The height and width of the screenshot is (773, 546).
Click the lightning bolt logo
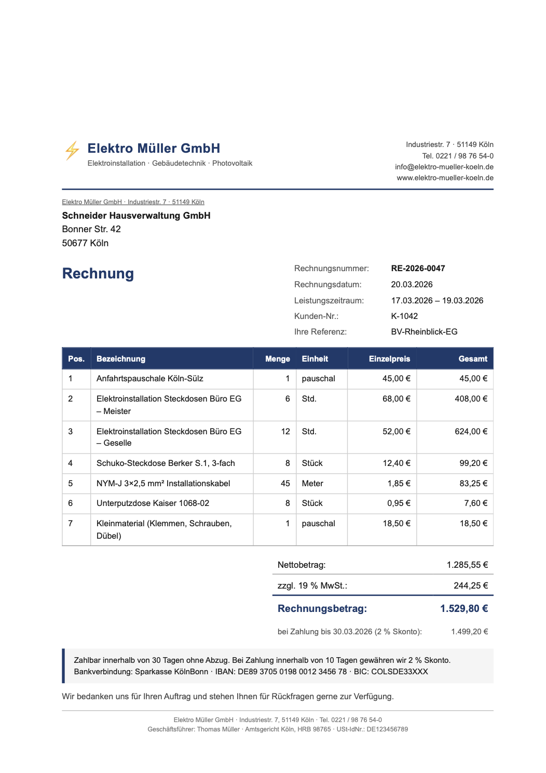pyautogui.click(x=72, y=151)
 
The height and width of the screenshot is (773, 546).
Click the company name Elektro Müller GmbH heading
pyautogui.click(x=154, y=149)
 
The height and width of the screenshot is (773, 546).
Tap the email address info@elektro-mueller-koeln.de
pyautogui.click(x=444, y=167)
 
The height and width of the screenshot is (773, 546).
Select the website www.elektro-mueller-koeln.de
pyautogui.click(x=445, y=178)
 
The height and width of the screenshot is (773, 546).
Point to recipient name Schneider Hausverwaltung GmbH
pyautogui.click(x=136, y=216)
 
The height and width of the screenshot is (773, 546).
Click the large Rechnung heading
pyautogui.click(x=98, y=274)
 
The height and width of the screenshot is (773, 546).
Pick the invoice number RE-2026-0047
pyautogui.click(x=418, y=269)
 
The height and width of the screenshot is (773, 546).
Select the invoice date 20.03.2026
pyautogui.click(x=412, y=285)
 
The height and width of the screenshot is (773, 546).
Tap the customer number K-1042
pyautogui.click(x=404, y=316)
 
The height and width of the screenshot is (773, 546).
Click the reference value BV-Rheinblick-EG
pyautogui.click(x=424, y=332)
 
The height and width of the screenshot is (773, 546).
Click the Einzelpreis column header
pyautogui.click(x=389, y=359)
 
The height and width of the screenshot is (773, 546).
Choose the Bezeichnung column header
pyautogui.click(x=121, y=359)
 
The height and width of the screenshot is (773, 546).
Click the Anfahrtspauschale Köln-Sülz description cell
pyautogui.click(x=150, y=379)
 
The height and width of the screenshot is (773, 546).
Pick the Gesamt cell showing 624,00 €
pyautogui.click(x=471, y=432)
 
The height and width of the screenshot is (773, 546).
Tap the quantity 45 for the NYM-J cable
pyautogui.click(x=285, y=484)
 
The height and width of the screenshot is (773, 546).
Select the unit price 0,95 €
pyautogui.click(x=399, y=503)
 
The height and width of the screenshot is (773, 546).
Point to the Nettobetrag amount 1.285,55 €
pyautogui.click(x=467, y=565)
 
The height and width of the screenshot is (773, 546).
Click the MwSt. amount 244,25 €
pyautogui.click(x=471, y=586)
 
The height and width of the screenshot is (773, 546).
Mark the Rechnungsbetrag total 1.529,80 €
pyautogui.click(x=464, y=609)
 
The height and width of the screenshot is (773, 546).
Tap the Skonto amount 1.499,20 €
pyautogui.click(x=469, y=632)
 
